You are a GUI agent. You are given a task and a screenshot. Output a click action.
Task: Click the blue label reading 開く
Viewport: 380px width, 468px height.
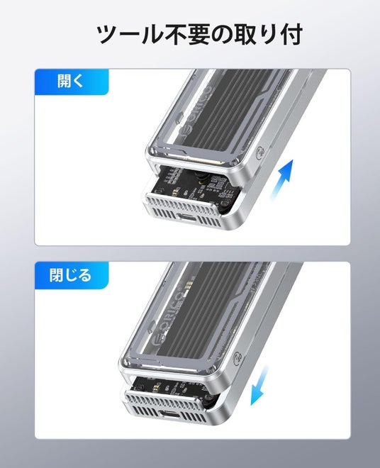click(x=72, y=82)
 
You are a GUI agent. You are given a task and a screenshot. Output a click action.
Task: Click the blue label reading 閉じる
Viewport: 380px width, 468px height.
click(x=72, y=275)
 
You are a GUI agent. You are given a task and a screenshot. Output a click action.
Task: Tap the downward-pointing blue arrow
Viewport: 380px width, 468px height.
click(x=259, y=386)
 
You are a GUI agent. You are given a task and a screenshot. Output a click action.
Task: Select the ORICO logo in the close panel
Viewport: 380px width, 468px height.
click(x=169, y=318)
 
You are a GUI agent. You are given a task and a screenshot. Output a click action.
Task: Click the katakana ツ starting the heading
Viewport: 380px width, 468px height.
click(x=108, y=34)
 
